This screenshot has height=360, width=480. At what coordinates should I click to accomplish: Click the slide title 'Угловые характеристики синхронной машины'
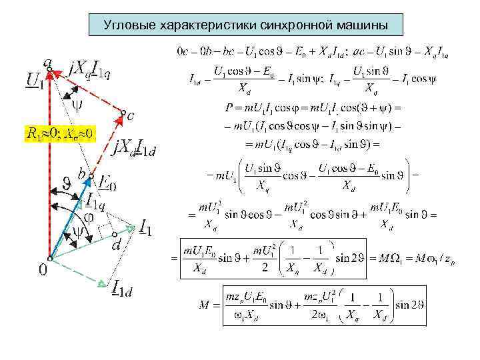tap(246, 25)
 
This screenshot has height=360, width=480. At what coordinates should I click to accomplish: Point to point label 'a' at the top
tap(47, 62)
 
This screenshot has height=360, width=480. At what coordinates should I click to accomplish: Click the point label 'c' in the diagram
tap(130, 116)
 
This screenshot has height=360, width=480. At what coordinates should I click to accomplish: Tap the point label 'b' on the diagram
tap(81, 174)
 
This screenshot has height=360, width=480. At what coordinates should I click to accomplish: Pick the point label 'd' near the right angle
tap(117, 245)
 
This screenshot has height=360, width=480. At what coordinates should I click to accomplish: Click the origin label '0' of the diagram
tap(42, 270)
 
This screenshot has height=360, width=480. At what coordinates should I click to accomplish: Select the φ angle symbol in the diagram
tap(87, 217)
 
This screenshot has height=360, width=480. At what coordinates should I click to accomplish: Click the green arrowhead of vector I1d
tap(101, 283)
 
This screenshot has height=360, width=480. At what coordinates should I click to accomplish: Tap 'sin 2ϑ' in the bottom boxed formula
tap(410, 305)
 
